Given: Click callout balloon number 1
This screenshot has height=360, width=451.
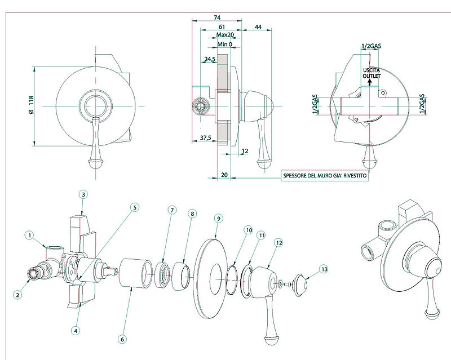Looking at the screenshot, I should click(30, 234).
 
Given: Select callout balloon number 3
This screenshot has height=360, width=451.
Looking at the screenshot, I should click(83, 194).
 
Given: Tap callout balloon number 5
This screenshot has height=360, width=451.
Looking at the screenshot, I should click(134, 207).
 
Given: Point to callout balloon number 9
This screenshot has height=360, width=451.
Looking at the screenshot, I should click(218, 217).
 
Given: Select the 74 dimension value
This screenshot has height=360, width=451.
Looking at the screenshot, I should click(217, 17).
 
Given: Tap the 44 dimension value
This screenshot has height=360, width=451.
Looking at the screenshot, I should click(258, 26).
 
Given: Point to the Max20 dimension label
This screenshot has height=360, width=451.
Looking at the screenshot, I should click(225, 35).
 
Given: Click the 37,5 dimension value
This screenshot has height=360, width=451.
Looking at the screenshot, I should click(205, 138).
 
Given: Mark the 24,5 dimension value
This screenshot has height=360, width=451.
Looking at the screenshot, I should click(210, 59).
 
